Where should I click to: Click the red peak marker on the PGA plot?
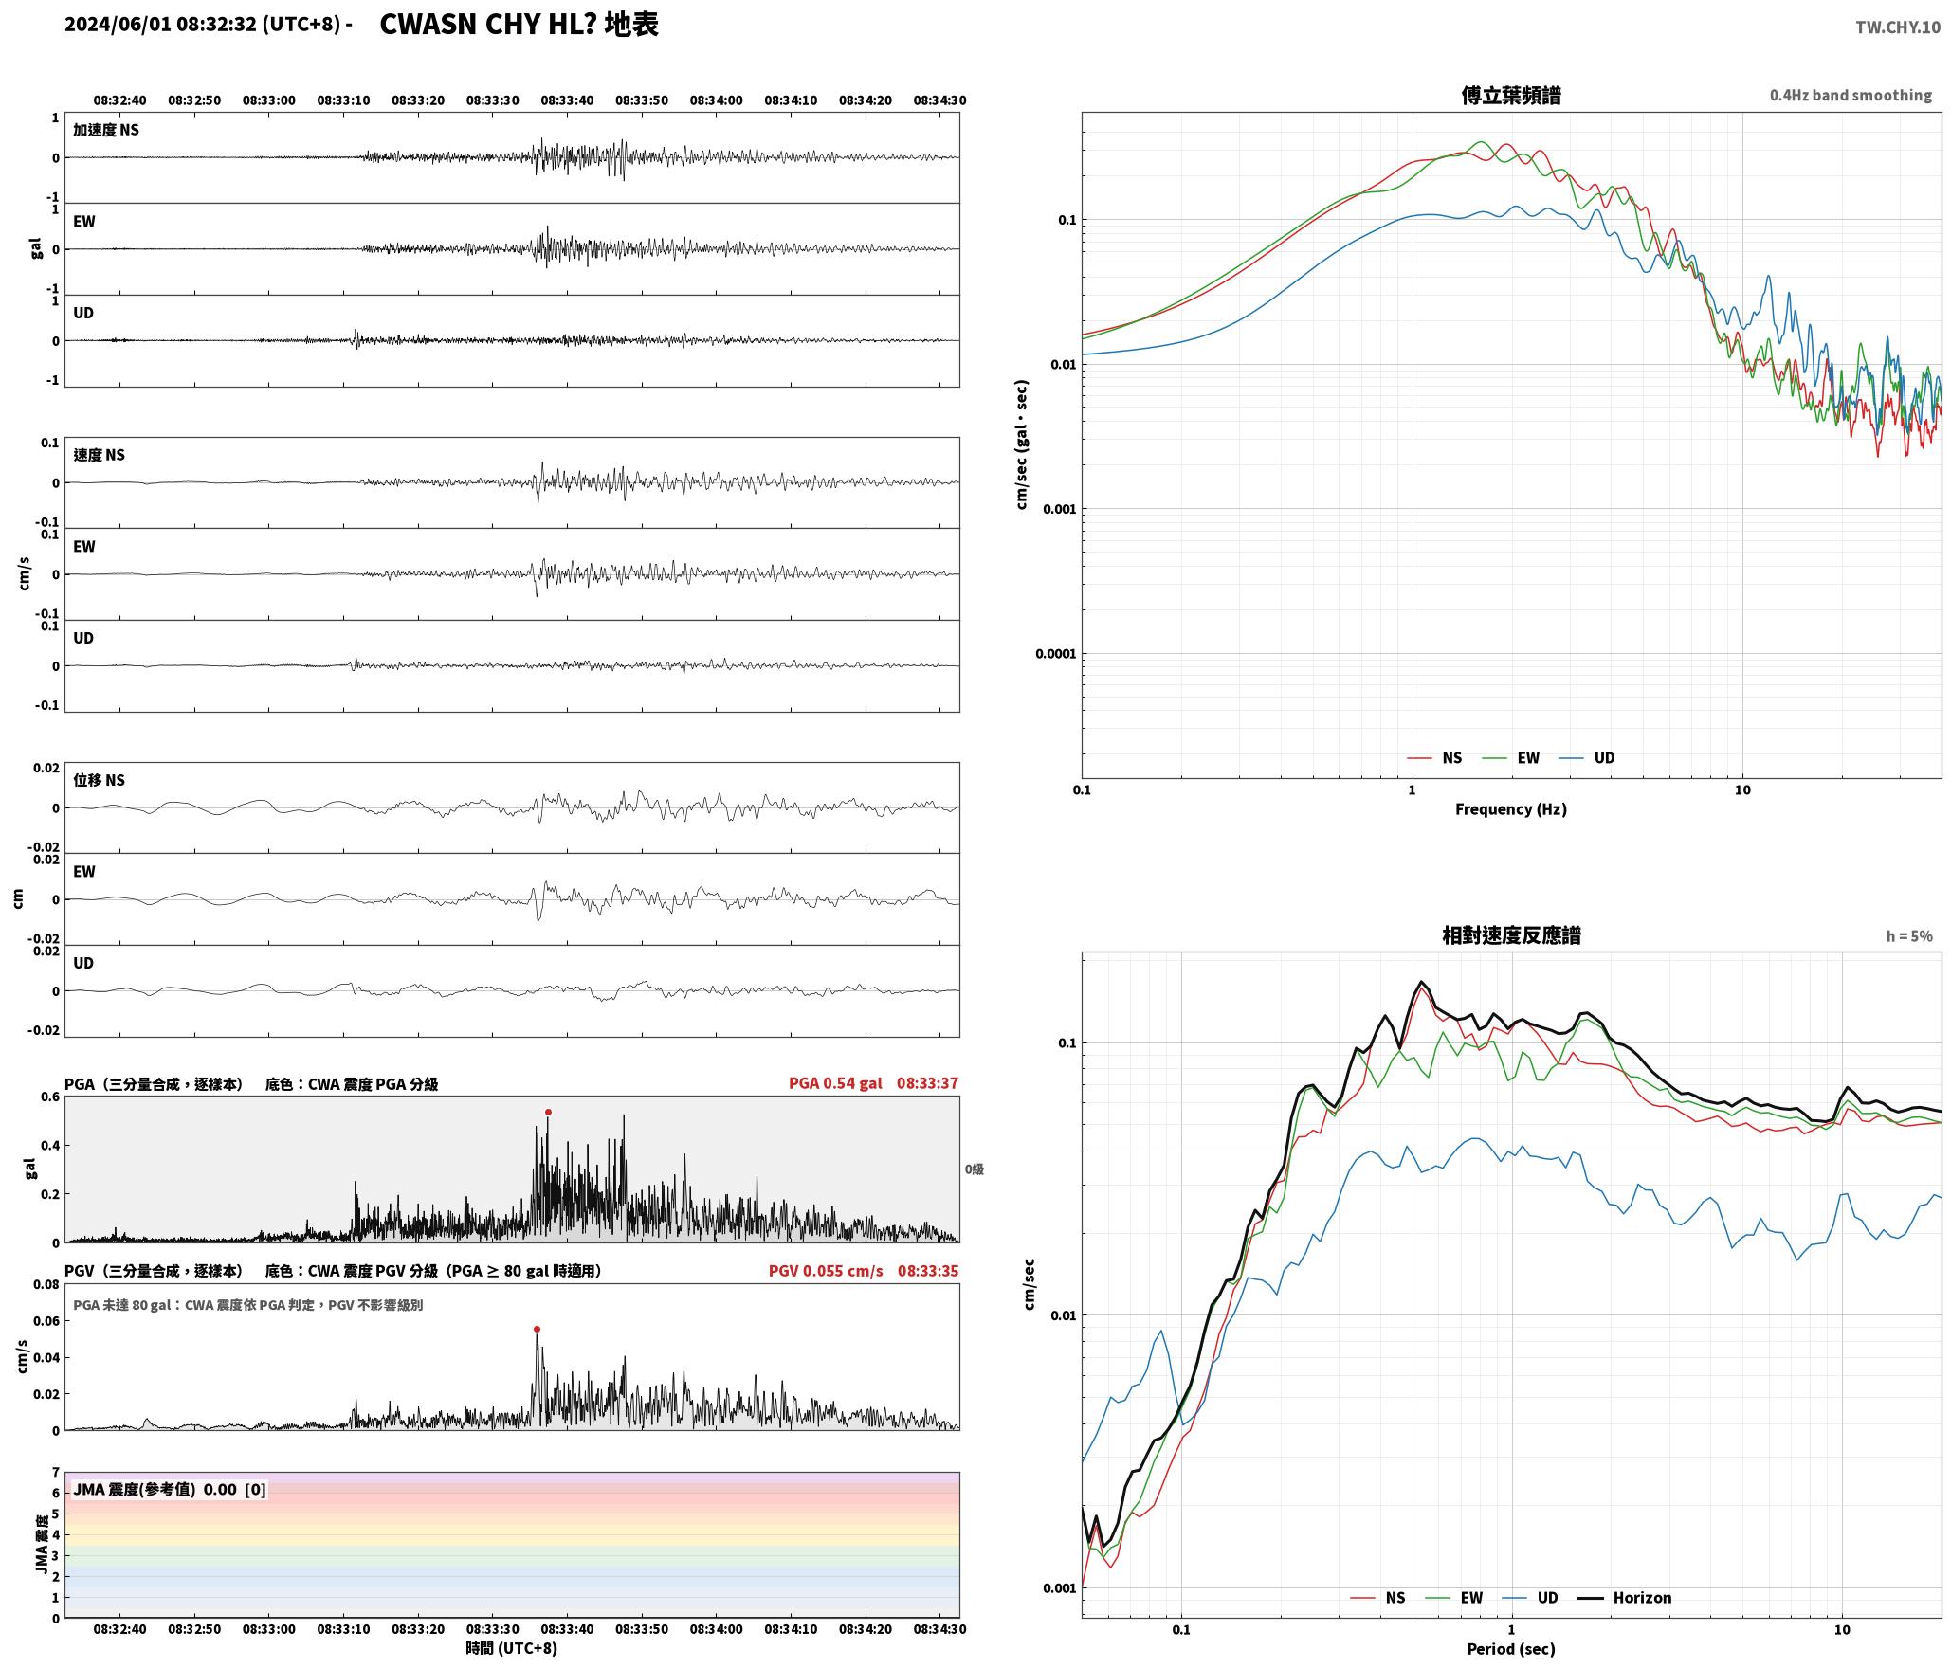coord(548,1112)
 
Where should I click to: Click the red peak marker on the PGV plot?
coord(537,1329)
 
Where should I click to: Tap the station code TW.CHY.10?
coord(1898,27)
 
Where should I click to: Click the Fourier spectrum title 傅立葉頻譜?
coord(1511,95)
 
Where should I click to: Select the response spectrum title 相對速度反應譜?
coord(1511,935)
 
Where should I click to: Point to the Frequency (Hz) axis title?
coord(1511,808)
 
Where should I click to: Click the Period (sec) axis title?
coord(1511,1648)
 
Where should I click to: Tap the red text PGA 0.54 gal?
coord(835,1082)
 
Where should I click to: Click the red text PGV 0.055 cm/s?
coord(826,1270)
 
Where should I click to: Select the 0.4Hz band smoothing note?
coord(1851,95)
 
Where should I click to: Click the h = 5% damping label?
coord(1909,936)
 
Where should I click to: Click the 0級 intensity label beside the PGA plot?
coord(975,1169)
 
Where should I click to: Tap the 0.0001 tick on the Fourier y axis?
coord(1052,653)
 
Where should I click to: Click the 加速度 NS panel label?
coord(106,130)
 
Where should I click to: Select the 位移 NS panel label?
coord(100,780)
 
